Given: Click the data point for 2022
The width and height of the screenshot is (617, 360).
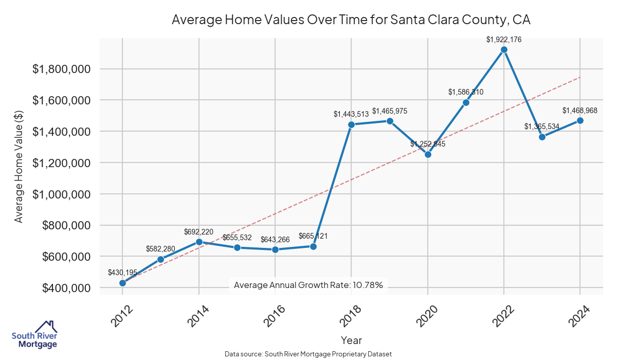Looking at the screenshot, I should tap(504, 50).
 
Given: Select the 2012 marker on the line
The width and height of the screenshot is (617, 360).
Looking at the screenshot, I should tap(122, 283).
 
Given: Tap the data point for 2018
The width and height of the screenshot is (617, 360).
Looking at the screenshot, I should tap(352, 124).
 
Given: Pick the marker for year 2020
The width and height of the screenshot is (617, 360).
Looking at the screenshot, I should tap(428, 154).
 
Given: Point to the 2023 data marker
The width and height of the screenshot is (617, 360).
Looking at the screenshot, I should tap(542, 137).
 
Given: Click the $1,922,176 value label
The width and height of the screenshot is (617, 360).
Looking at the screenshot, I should tap(504, 39).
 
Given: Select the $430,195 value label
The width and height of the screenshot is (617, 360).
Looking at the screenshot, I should tap(122, 273).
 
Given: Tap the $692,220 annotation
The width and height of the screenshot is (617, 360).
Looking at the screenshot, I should tap(199, 232).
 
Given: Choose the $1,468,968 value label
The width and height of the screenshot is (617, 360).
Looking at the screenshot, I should tap(579, 111).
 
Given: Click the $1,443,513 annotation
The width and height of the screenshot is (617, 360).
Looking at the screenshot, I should tap(351, 114).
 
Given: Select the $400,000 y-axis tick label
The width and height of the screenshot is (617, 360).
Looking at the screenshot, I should tap(65, 288).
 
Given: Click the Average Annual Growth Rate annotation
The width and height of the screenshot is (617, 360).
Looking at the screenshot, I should tap(308, 285).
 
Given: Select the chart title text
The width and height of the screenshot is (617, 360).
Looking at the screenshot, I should tap(351, 20).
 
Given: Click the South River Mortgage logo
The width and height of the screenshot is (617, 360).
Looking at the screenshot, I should tap(34, 335).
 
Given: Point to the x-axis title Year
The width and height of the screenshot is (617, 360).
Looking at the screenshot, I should tap(351, 340).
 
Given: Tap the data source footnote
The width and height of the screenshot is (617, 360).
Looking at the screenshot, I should tap(308, 354).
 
